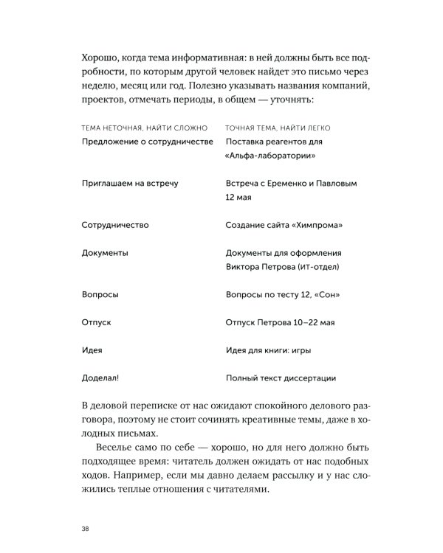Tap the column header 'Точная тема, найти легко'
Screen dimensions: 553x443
click(x=279, y=128)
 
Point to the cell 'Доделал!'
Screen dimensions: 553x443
click(x=100, y=378)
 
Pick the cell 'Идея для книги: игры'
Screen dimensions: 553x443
click(x=269, y=350)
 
